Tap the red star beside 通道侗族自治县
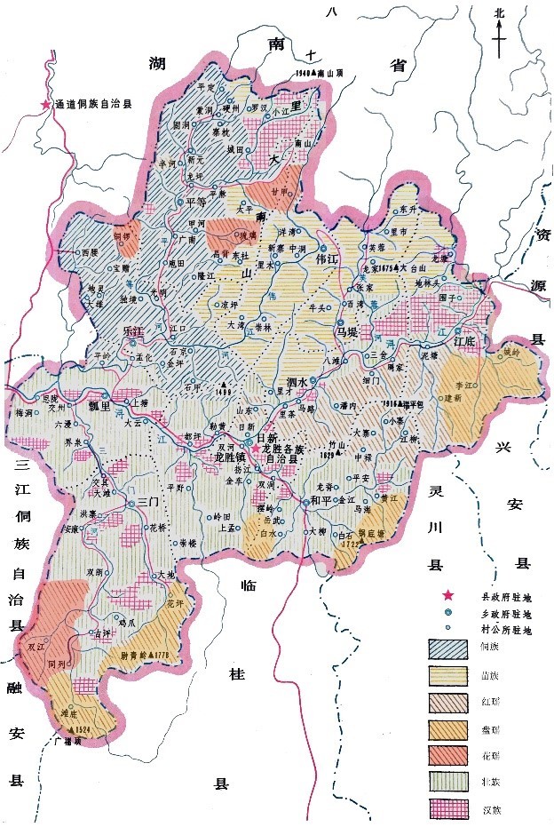[45, 105]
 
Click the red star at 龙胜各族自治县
[257, 449]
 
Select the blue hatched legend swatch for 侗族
[448, 648]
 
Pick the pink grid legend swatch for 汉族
[448, 808]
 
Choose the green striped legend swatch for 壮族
[448, 782]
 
